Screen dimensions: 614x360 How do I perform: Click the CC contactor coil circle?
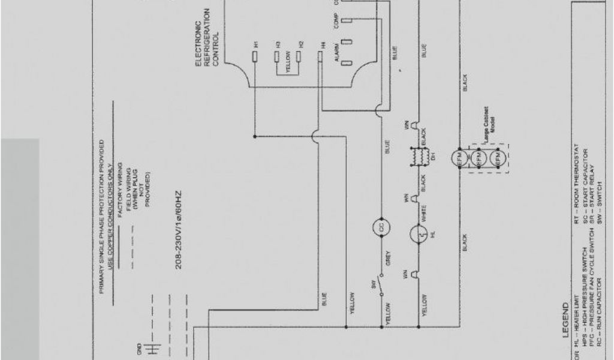380,227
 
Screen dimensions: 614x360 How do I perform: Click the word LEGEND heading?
565,320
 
